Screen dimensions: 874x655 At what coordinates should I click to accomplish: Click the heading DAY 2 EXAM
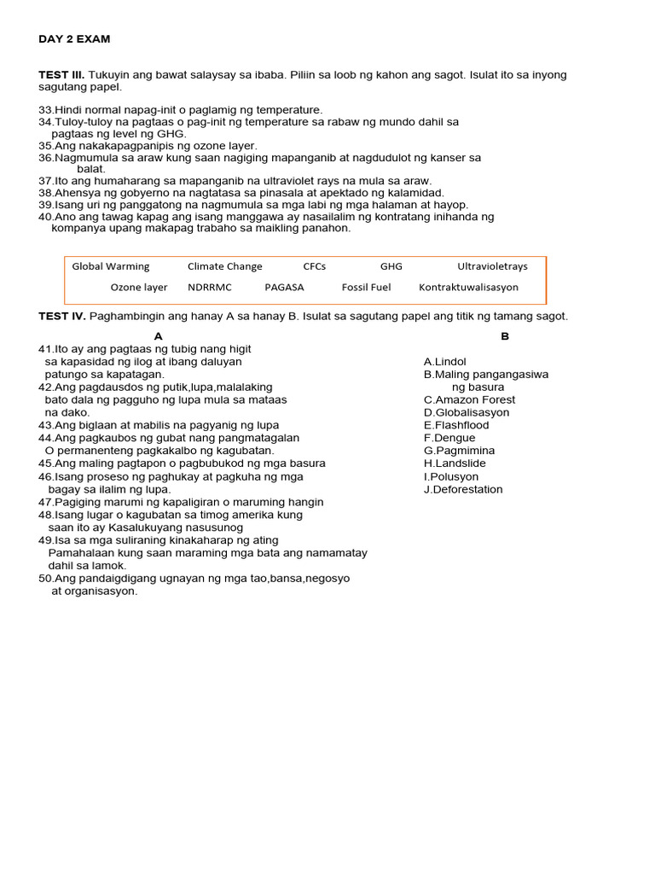[74, 39]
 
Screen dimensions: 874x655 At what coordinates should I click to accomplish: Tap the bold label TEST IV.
[62, 316]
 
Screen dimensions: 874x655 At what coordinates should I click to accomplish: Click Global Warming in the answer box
[110, 266]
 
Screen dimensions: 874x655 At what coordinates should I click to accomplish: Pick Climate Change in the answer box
[225, 266]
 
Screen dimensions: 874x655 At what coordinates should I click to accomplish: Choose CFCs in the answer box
[315, 266]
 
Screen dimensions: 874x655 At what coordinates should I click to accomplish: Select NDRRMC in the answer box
[210, 288]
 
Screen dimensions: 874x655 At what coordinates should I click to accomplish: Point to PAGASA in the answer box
[284, 288]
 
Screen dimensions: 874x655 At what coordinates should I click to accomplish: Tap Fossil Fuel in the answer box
[366, 288]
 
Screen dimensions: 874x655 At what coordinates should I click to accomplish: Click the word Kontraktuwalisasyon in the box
[468, 288]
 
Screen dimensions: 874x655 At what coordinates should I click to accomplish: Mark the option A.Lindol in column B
[445, 362]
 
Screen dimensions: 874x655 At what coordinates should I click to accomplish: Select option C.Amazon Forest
[469, 399]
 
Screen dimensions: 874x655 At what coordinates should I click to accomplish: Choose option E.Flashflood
[456, 425]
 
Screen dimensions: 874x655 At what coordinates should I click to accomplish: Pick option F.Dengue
[449, 438]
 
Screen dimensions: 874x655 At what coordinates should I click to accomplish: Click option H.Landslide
[455, 463]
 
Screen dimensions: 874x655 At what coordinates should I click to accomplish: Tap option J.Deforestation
[463, 489]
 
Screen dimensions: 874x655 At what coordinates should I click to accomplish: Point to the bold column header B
[505, 336]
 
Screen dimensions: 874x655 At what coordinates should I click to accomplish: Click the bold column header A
[159, 336]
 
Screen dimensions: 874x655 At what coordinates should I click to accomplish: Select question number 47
[46, 502]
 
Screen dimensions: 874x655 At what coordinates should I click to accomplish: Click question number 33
[46, 110]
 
